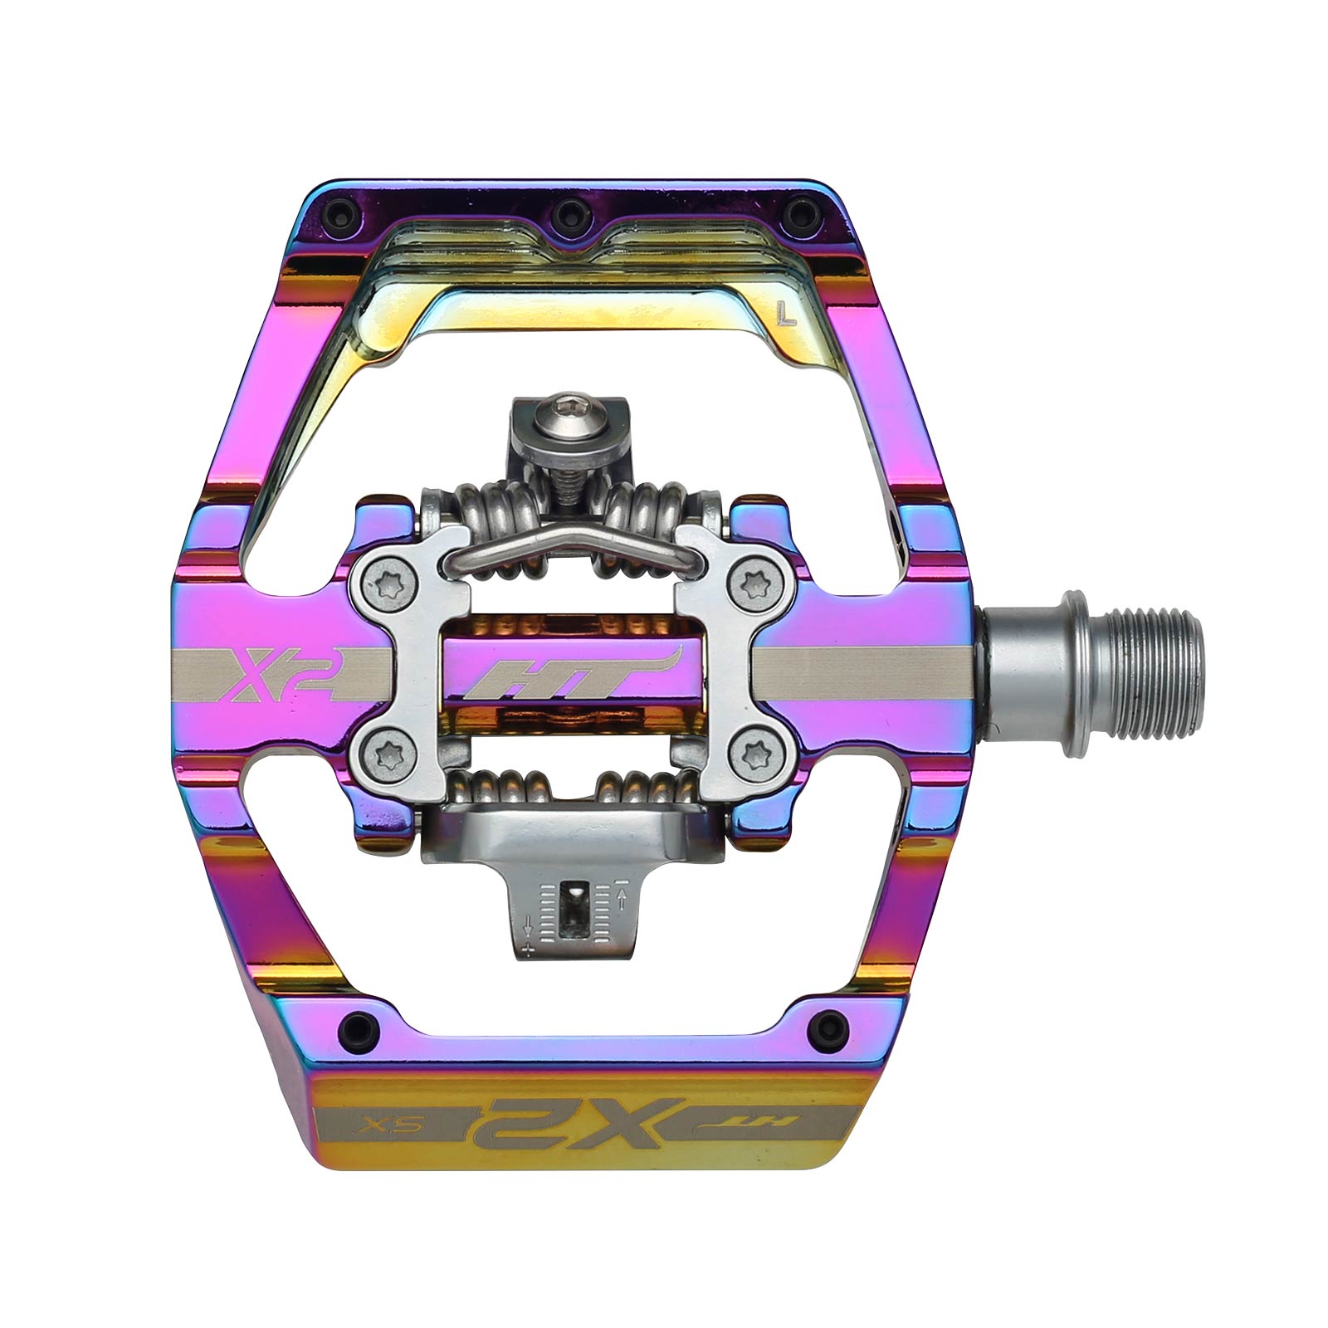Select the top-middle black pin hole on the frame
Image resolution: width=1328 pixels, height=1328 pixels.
click(567, 211)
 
